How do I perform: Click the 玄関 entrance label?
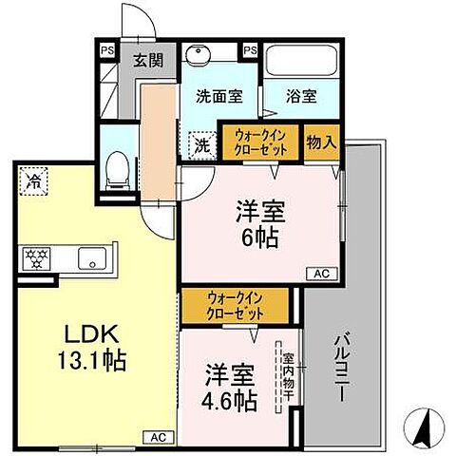147,60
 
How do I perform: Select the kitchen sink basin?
91,256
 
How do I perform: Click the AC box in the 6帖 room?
322,274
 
